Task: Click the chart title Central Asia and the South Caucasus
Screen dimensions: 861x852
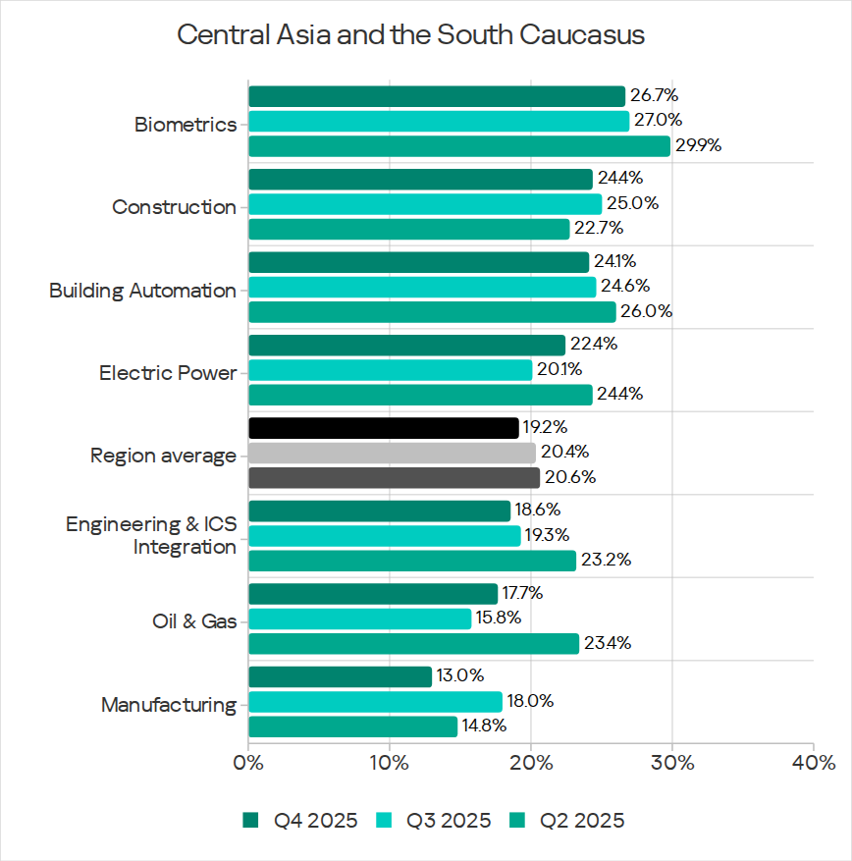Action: coord(410,35)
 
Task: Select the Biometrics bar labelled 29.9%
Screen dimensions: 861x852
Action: coord(458,146)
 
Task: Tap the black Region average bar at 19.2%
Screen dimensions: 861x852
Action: coord(383,428)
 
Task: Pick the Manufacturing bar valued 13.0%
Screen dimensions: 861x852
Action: coord(340,676)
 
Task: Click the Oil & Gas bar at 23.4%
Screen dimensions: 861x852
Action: coord(413,644)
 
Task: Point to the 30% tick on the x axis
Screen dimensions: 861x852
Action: coord(671,763)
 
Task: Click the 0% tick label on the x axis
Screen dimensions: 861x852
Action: coord(248,763)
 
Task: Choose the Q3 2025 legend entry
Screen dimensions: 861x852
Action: coord(436,821)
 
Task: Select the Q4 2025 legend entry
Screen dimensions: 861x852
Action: coord(302,821)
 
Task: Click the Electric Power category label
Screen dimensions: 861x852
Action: coord(167,374)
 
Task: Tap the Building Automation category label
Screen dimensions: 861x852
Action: coord(142,291)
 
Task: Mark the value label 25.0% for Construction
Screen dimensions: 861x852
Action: coord(632,204)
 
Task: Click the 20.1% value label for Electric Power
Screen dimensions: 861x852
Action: coord(559,370)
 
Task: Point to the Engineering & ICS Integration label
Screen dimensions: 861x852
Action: coord(151,535)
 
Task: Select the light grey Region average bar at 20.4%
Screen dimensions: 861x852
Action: coord(392,453)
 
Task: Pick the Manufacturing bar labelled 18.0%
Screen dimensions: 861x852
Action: coord(375,702)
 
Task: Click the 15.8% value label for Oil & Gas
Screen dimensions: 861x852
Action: coord(499,619)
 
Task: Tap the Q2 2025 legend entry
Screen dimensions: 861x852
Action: coord(569,821)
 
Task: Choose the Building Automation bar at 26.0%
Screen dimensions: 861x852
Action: coord(432,312)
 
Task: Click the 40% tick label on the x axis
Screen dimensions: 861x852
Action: coord(814,763)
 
